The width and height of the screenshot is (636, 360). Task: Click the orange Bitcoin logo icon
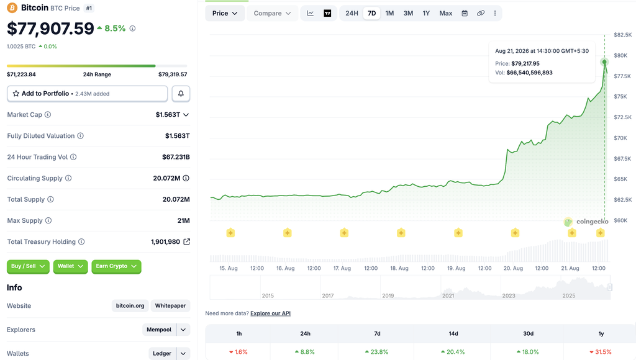click(x=12, y=7)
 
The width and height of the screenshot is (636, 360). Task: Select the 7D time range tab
click(x=371, y=14)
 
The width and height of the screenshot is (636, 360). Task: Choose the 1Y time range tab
click(x=426, y=14)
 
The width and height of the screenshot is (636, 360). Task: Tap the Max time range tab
click(x=445, y=14)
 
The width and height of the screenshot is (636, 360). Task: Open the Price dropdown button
click(x=225, y=14)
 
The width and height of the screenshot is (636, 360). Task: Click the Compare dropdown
click(x=272, y=14)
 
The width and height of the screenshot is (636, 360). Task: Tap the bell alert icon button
click(x=181, y=94)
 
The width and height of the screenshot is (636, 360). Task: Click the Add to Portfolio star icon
click(x=16, y=94)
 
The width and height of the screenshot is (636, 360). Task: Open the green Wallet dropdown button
click(x=70, y=266)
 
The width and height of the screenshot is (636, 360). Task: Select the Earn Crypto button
click(x=116, y=266)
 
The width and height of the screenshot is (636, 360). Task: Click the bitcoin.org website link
click(x=130, y=305)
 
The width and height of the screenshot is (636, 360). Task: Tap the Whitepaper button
click(x=170, y=305)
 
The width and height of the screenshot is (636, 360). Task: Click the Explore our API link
click(x=271, y=313)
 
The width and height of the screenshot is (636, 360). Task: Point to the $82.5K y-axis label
click(x=622, y=35)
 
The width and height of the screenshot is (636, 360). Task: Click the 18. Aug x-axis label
click(x=399, y=268)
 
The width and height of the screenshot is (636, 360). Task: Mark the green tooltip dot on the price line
click(x=604, y=62)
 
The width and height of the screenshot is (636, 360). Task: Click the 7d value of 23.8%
click(x=377, y=352)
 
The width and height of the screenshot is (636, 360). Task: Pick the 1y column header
click(x=601, y=334)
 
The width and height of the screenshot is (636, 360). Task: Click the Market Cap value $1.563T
click(x=168, y=115)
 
